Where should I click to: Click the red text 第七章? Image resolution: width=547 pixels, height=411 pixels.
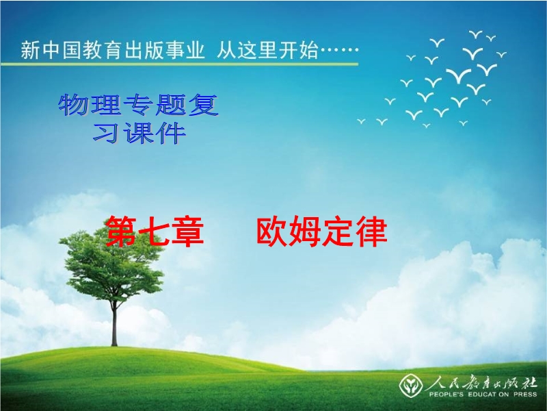[x=155, y=232]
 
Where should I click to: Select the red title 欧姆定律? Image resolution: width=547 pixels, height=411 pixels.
[x=321, y=232]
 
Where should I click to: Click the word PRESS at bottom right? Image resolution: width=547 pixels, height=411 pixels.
[x=525, y=395]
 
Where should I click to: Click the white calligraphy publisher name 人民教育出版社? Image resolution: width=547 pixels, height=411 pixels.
[x=481, y=383]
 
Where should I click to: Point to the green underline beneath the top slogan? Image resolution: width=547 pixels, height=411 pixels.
[x=179, y=64]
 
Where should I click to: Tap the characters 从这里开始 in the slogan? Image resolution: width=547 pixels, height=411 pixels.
[x=267, y=50]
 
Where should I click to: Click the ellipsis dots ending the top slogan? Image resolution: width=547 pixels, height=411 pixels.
[x=339, y=50]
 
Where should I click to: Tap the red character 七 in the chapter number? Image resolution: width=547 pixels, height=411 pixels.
[x=155, y=232]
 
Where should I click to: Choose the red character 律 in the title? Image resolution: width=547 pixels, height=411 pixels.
[x=371, y=232]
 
